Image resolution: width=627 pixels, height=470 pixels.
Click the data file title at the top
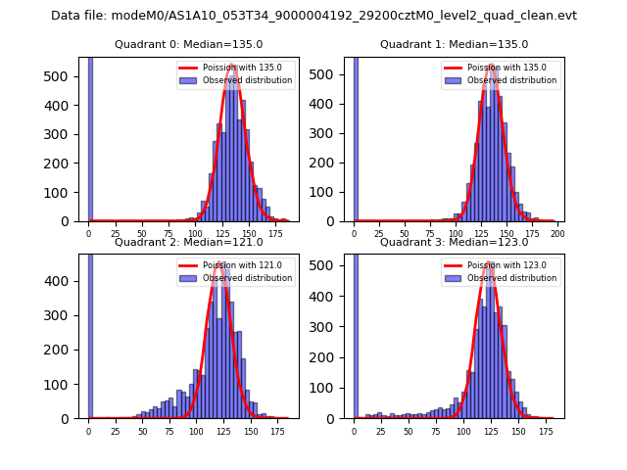[313, 16]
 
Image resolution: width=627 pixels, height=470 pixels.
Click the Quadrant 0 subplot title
[189, 44]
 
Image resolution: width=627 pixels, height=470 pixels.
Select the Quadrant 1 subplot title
[454, 44]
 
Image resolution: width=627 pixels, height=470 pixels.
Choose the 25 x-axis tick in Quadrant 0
[116, 235]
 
